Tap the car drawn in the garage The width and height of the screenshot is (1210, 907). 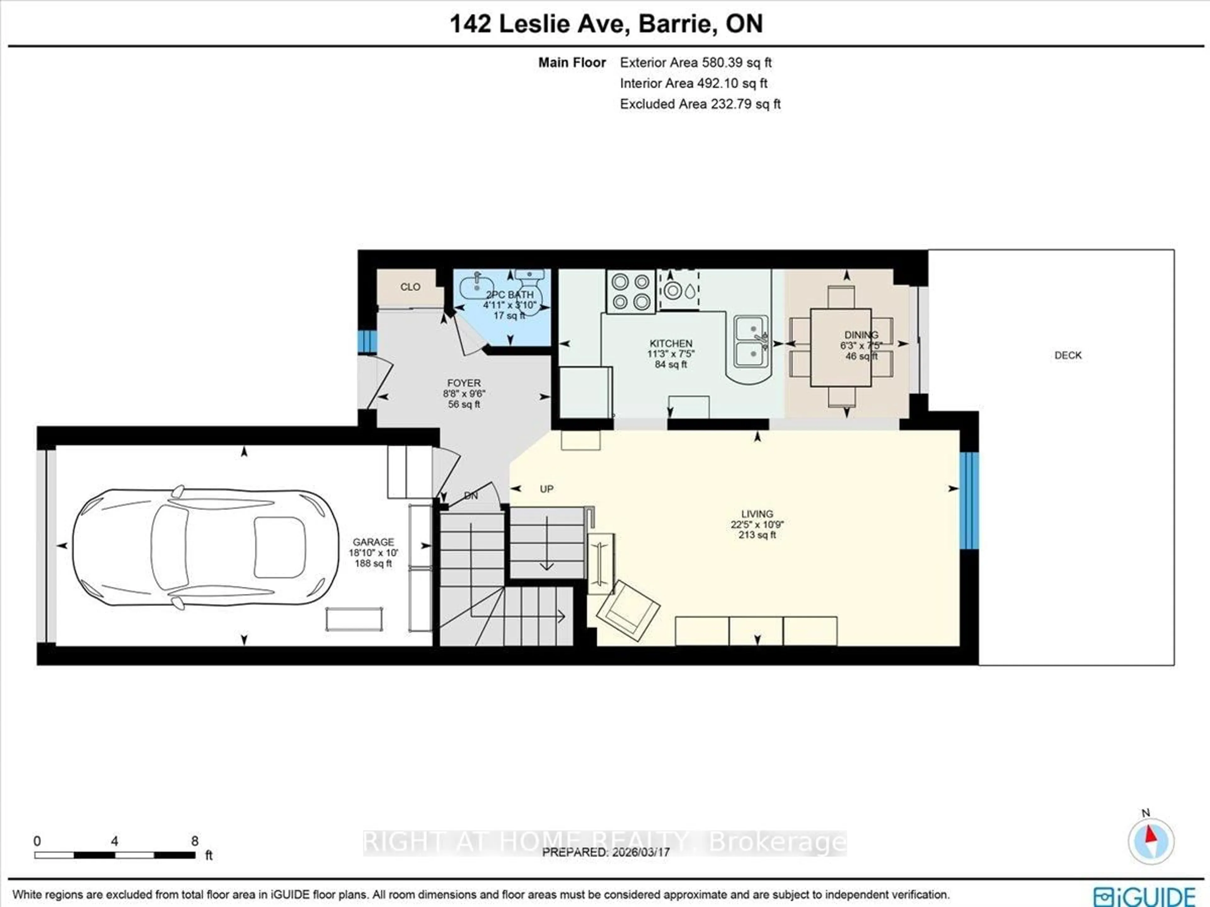pyautogui.click(x=205, y=546)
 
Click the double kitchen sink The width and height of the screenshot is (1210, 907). pyautogui.click(x=751, y=340)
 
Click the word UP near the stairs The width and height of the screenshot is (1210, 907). pyautogui.click(x=546, y=489)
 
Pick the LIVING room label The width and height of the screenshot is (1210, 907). pyautogui.click(x=757, y=514)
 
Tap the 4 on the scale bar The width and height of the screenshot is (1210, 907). pyautogui.click(x=114, y=841)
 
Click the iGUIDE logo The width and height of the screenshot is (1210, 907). pyautogui.click(x=1144, y=896)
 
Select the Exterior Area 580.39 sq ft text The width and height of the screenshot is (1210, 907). pyautogui.click(x=695, y=62)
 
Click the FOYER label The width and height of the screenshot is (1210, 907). pyautogui.click(x=464, y=383)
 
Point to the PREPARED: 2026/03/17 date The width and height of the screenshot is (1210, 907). pyautogui.click(x=606, y=852)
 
